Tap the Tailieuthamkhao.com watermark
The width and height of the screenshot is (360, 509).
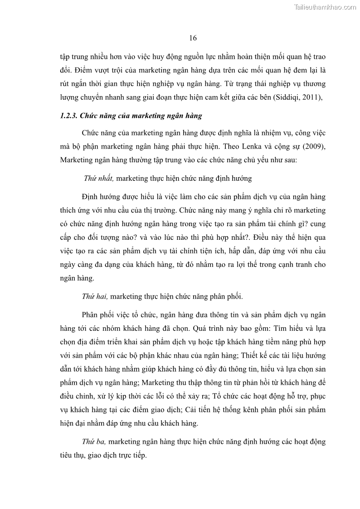click(325, 7)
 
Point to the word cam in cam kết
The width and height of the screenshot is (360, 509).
click(206, 97)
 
